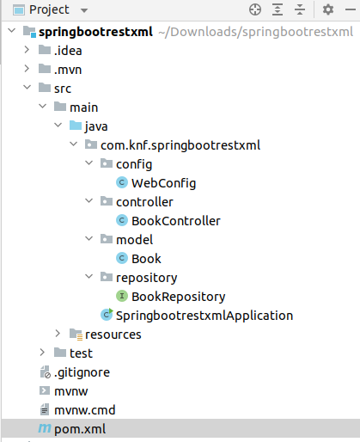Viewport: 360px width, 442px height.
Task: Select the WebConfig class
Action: point(163,182)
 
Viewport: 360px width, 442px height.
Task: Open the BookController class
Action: point(175,220)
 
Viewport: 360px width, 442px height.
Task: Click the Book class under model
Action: point(146,258)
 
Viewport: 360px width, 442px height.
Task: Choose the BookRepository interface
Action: point(178,296)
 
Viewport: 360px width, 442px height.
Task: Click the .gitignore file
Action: point(82,371)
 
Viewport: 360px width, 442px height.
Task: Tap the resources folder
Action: point(113,334)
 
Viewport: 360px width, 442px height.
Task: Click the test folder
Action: point(81,353)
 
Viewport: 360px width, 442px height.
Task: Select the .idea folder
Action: point(68,50)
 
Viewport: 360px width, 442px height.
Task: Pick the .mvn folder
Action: point(68,69)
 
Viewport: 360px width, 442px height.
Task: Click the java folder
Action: point(96,126)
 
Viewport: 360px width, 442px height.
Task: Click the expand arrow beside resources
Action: point(58,334)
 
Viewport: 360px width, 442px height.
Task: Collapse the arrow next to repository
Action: point(89,277)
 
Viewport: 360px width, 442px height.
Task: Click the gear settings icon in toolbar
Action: point(327,10)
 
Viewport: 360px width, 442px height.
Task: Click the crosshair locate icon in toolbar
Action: point(254,10)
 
